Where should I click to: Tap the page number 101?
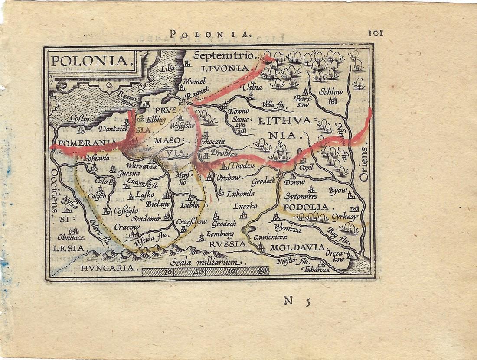[376, 33]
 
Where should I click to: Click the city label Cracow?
[127, 227]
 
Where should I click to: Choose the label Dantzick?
[114, 129]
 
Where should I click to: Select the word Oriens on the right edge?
[364, 163]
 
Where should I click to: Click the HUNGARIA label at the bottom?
[107, 268]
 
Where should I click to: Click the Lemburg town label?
[220, 234]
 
